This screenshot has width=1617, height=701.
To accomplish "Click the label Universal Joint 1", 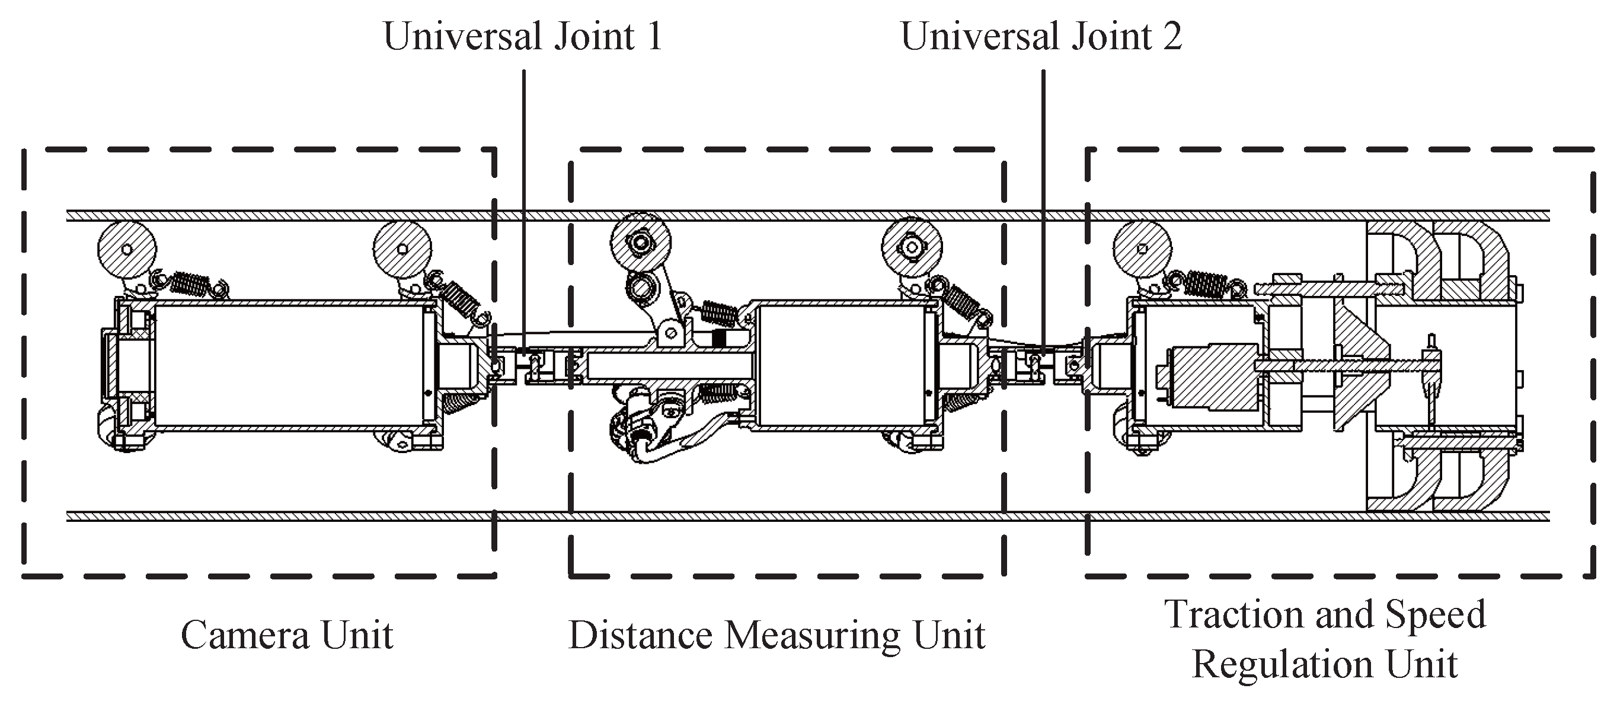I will [522, 36].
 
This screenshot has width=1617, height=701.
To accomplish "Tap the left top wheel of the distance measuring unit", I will [641, 241].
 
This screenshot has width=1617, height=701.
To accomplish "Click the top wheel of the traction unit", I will [1142, 248].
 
